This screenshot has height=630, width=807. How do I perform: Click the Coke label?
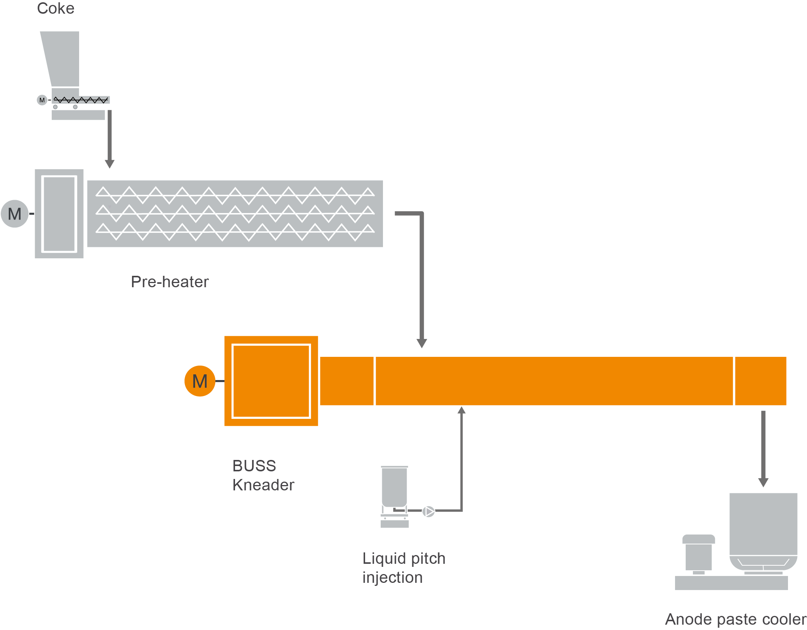click(56, 8)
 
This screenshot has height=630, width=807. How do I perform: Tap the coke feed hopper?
click(62, 59)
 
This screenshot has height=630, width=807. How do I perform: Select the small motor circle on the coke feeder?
click(42, 100)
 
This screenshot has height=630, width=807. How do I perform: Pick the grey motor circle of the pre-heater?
click(15, 214)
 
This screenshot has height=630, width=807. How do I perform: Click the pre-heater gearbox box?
click(59, 214)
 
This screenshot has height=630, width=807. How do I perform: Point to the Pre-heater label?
click(170, 282)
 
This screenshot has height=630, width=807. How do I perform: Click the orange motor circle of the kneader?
click(200, 381)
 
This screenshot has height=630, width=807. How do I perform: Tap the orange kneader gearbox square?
click(271, 381)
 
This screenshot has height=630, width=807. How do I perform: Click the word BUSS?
click(254, 466)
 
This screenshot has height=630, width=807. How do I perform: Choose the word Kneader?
click(263, 485)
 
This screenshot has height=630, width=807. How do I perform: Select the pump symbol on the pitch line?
click(429, 511)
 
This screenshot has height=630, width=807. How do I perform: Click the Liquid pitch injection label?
click(403, 568)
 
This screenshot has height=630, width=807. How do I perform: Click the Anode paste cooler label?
click(736, 619)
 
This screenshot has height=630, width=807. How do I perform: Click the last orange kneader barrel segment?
click(761, 381)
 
